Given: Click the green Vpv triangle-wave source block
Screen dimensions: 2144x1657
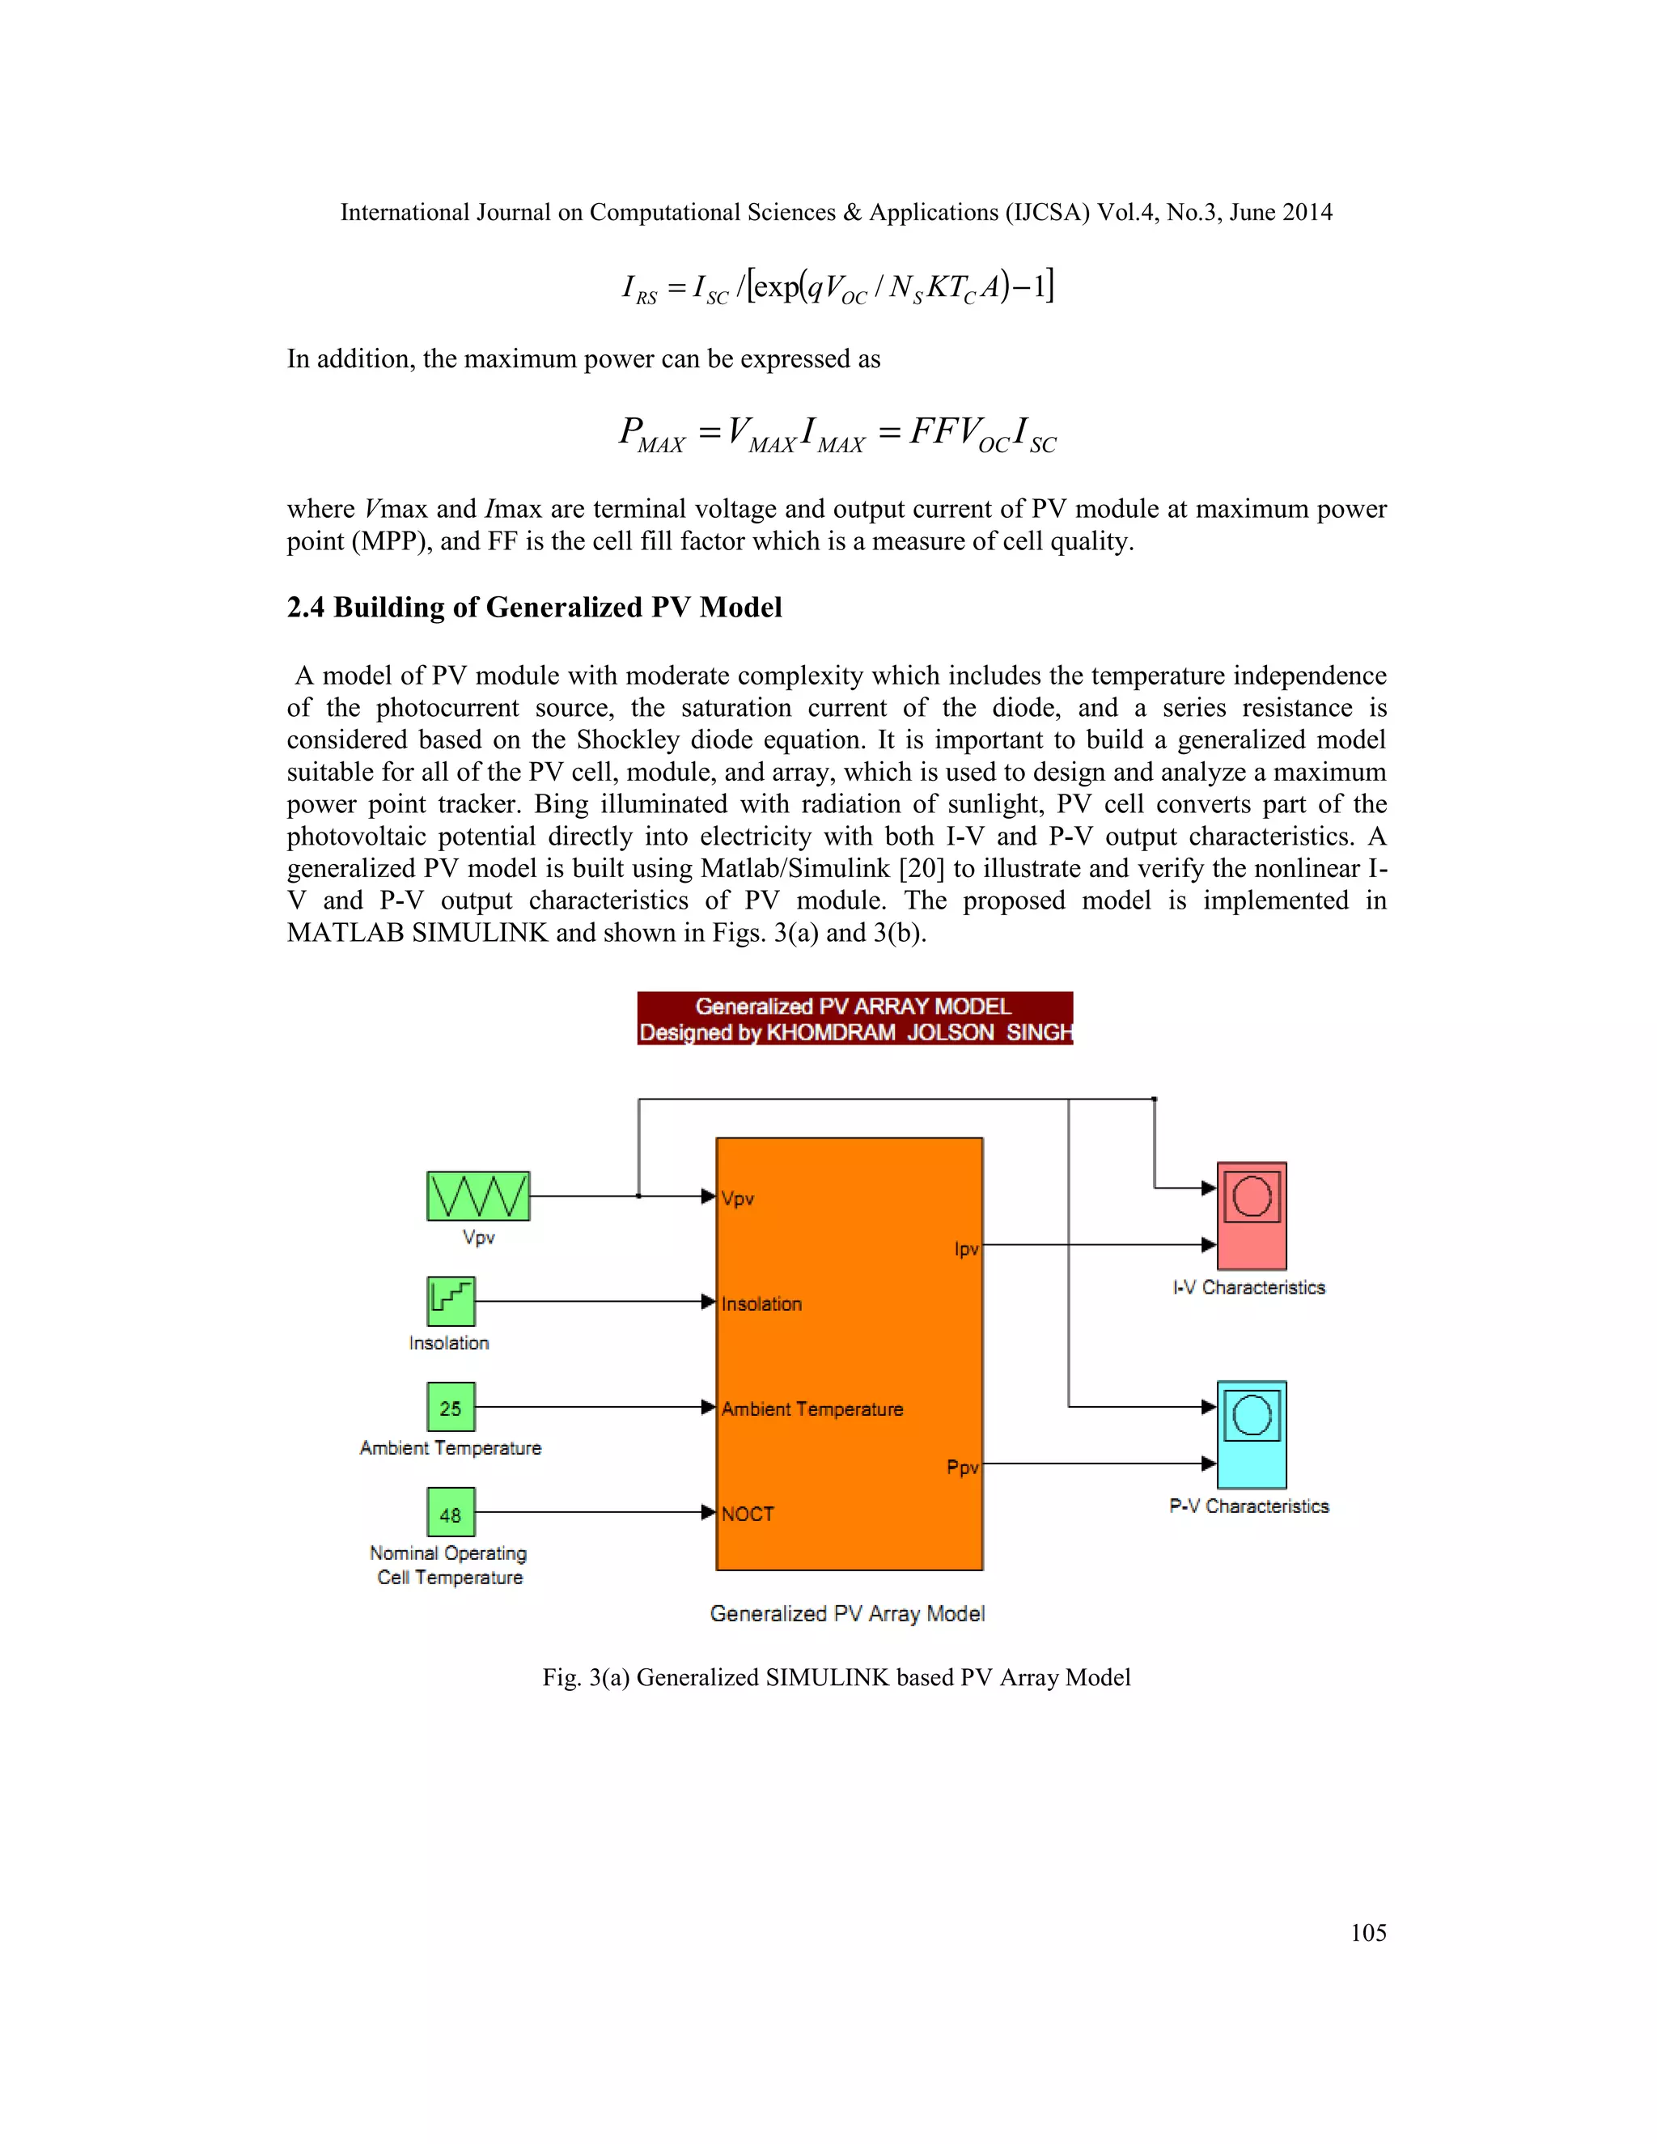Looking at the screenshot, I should (x=478, y=1196).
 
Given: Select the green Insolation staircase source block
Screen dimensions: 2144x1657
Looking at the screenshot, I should (x=451, y=1301).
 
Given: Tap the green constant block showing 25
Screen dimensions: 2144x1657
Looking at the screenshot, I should (x=451, y=1408).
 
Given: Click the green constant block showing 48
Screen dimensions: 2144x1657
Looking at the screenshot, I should (x=451, y=1513).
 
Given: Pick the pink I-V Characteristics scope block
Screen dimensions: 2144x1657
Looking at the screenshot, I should (x=1251, y=1215).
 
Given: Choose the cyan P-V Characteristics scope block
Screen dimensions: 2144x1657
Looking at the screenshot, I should (x=1251, y=1434).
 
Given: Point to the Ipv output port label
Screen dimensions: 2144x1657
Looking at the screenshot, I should (x=966, y=1248).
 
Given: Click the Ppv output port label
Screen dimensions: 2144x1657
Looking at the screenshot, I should (x=962, y=1468).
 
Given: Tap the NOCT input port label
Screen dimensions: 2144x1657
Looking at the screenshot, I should (x=748, y=1514).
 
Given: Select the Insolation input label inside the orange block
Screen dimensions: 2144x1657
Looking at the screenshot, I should (x=761, y=1303).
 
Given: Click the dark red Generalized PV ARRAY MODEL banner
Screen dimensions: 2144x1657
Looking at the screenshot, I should (x=854, y=1018).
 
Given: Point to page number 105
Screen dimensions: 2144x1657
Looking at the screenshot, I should (x=1367, y=1933).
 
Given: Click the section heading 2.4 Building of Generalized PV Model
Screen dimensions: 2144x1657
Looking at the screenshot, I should (x=534, y=608).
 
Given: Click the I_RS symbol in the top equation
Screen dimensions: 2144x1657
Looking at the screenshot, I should (x=639, y=289).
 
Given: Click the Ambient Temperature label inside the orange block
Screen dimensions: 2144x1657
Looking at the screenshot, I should (x=812, y=1409).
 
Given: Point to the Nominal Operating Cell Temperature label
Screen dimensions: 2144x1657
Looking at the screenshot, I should (x=448, y=1565).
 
